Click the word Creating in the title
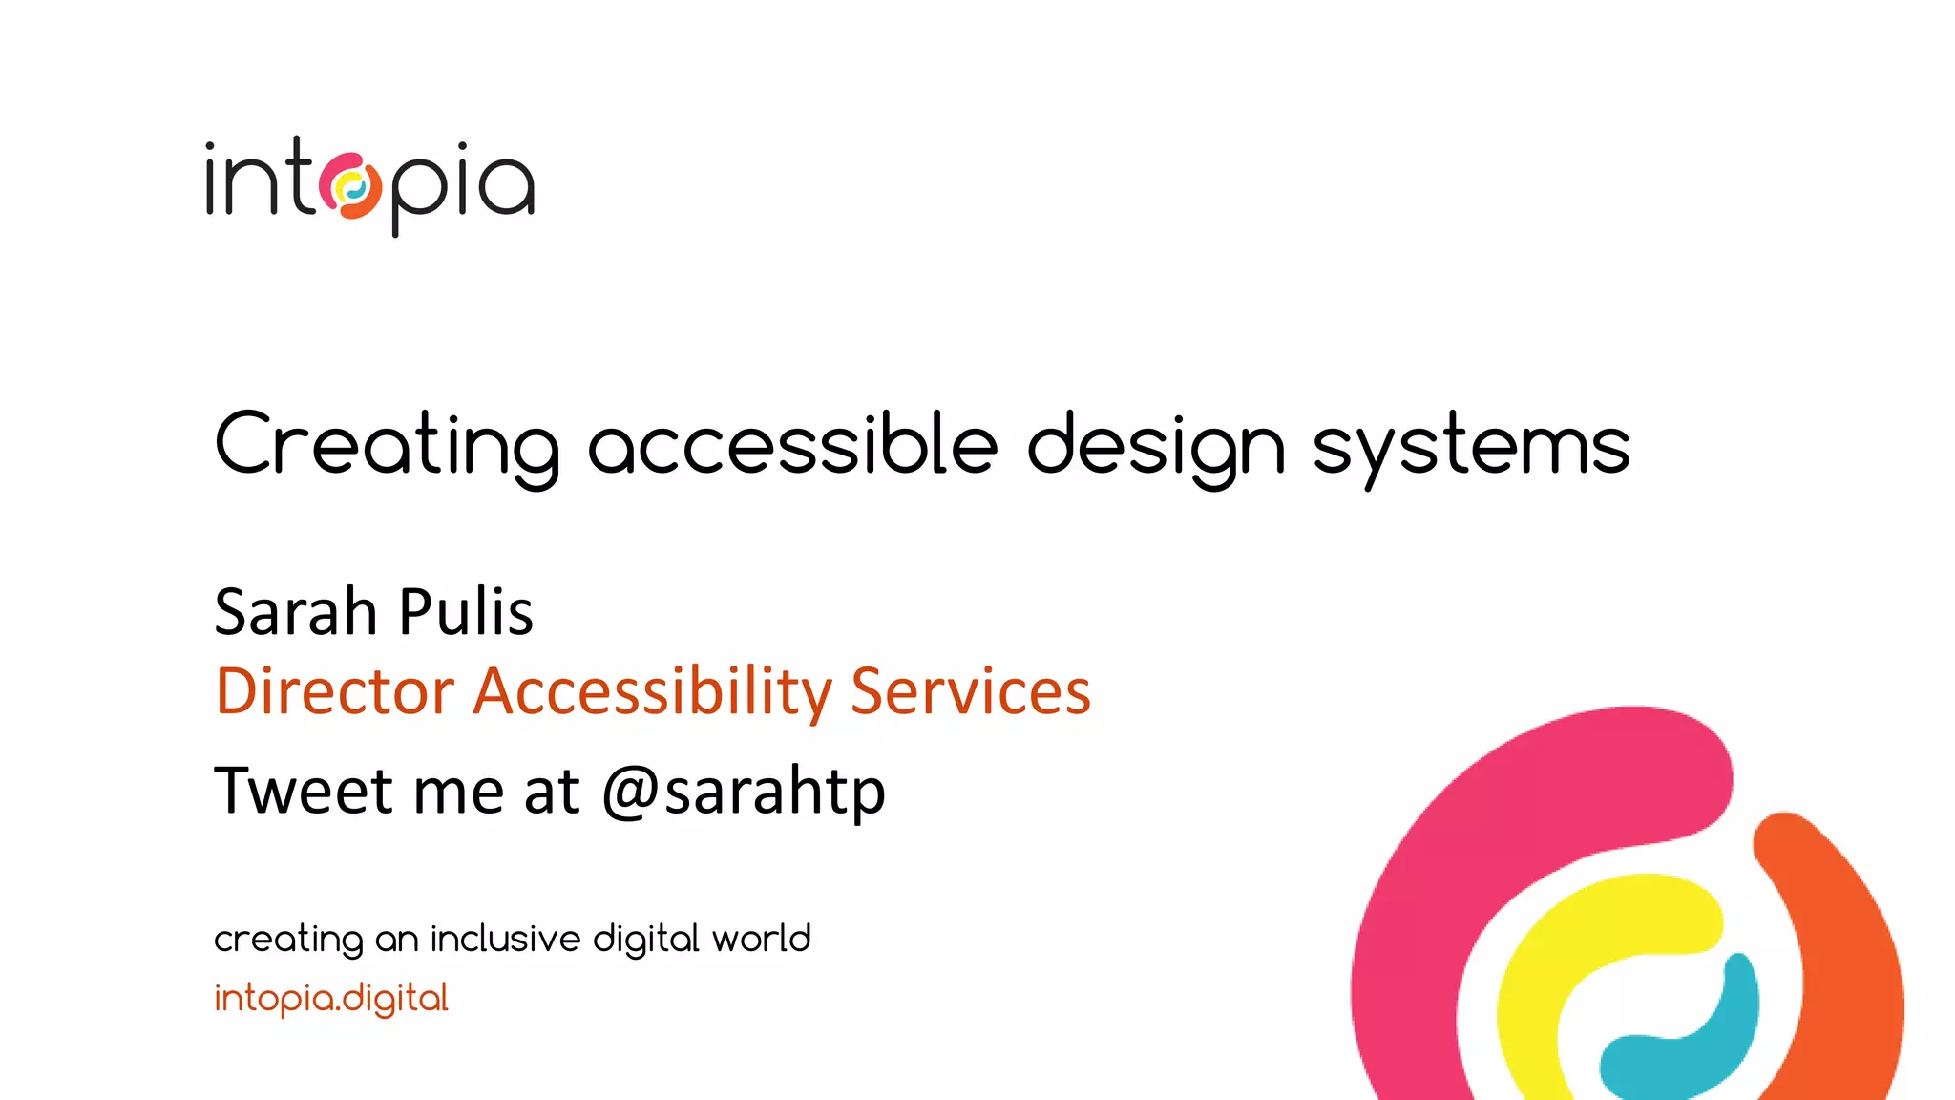point(387,444)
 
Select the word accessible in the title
point(792,444)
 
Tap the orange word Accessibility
point(653,692)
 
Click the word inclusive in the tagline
point(505,939)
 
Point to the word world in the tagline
point(761,939)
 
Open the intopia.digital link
point(330,998)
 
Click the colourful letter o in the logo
point(350,185)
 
